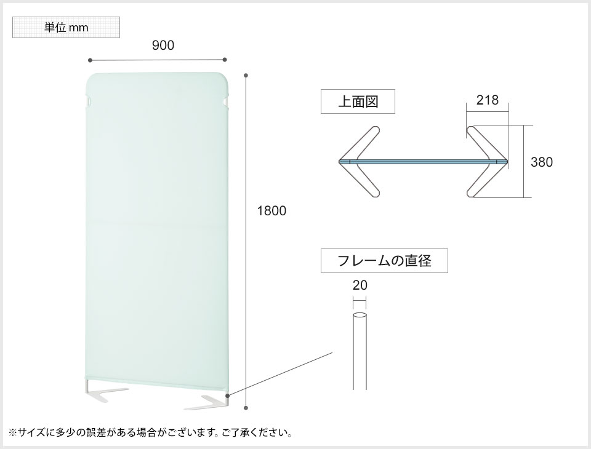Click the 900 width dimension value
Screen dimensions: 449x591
tap(163, 46)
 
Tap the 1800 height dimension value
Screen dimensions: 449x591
tap(271, 211)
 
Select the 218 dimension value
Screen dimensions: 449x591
tap(488, 100)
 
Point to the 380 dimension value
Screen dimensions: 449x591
tap(542, 162)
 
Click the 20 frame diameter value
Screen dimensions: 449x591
tap(360, 285)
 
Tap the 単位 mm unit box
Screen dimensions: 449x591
tap(66, 28)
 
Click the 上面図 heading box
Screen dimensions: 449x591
tap(358, 101)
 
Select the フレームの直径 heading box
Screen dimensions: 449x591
tap(384, 260)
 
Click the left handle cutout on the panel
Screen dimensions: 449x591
tap(88, 100)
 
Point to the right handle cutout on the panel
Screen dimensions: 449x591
tap(226, 100)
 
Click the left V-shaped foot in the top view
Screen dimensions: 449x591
tap(360, 162)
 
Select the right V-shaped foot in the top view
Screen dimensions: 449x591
tap(486, 162)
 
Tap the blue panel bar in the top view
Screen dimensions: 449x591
tap(423, 162)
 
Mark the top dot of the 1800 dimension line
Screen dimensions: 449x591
tap(246, 76)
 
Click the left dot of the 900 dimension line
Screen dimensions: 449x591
tap(90, 60)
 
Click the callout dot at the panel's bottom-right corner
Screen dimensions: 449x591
tap(228, 395)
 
